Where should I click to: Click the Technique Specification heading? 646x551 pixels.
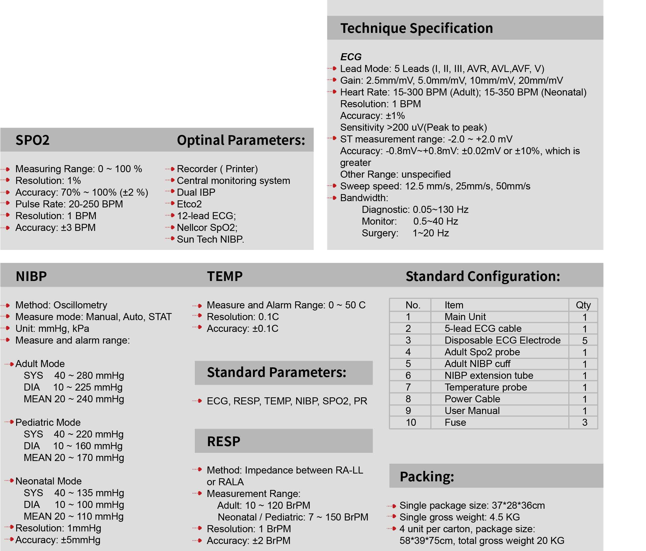(x=416, y=28)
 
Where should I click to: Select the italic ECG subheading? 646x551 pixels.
(x=351, y=57)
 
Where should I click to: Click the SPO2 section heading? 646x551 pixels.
(x=32, y=140)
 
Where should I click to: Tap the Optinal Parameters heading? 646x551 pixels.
(x=241, y=140)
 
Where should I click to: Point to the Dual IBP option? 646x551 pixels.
(x=196, y=192)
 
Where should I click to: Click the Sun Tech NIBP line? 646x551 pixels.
(x=210, y=239)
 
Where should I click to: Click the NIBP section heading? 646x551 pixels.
(x=31, y=276)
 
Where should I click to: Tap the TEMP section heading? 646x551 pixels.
(x=225, y=276)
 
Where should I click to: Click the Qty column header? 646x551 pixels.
(x=583, y=305)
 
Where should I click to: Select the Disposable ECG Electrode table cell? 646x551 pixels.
(x=502, y=340)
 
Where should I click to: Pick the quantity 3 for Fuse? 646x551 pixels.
(x=585, y=422)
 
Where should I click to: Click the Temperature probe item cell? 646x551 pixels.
(x=486, y=387)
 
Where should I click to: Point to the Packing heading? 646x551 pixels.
(x=426, y=477)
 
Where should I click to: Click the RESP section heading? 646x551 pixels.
(x=223, y=441)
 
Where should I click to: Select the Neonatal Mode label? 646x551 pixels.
(x=48, y=481)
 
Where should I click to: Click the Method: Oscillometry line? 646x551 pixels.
(x=61, y=305)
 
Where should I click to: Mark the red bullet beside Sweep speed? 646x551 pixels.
(x=334, y=186)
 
